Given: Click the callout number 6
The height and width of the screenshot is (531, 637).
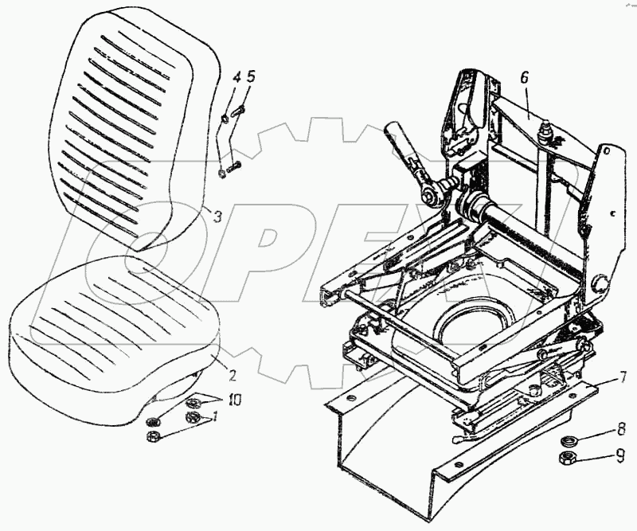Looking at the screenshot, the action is point(525,78).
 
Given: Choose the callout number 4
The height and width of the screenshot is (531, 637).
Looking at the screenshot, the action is point(236,78).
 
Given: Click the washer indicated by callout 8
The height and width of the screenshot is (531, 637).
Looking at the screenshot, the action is point(570,441).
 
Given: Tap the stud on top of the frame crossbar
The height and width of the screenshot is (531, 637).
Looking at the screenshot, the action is point(547,129).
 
